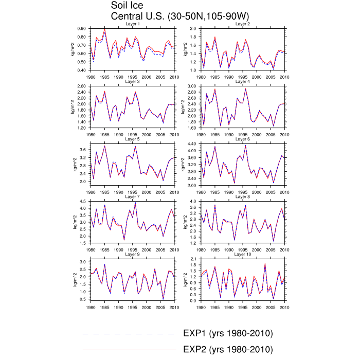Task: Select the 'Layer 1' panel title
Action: click(x=133, y=24)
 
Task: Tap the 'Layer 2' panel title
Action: click(x=242, y=24)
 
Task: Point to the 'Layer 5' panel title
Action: click(x=133, y=139)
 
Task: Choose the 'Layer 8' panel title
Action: click(x=242, y=196)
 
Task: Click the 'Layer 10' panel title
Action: click(x=242, y=254)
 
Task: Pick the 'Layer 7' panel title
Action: click(x=133, y=196)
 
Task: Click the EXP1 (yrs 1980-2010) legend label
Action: click(x=228, y=333)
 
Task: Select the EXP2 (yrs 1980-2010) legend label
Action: click(x=228, y=349)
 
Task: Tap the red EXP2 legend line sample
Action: click(x=129, y=350)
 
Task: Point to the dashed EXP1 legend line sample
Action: click(x=129, y=334)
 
